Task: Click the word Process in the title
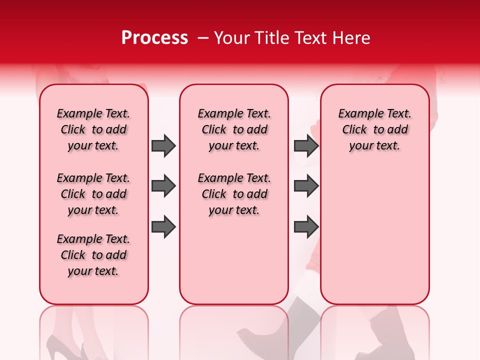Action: pyautogui.click(x=154, y=38)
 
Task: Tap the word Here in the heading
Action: pyautogui.click(x=351, y=38)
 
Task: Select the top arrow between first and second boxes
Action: pyautogui.click(x=163, y=145)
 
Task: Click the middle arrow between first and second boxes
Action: pyautogui.click(x=163, y=186)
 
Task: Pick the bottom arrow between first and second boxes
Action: pyautogui.click(x=163, y=226)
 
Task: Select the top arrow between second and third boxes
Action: pyautogui.click(x=306, y=145)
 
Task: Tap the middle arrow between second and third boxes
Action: pyautogui.click(x=306, y=186)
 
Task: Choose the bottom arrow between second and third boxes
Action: pyautogui.click(x=306, y=226)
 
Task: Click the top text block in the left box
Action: pyautogui.click(x=93, y=129)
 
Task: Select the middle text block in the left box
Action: pyautogui.click(x=93, y=194)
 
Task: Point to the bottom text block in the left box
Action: pyautogui.click(x=93, y=255)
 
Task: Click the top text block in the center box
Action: pyautogui.click(x=234, y=129)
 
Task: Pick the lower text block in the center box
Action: pyautogui.click(x=234, y=194)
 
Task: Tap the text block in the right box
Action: pyautogui.click(x=374, y=129)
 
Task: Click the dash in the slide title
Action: pyautogui.click(x=203, y=38)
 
